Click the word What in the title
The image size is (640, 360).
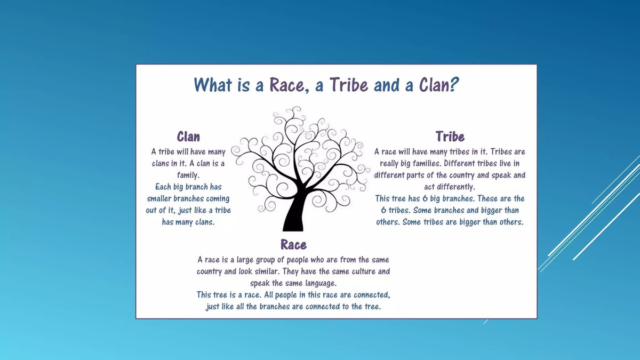tap(213, 85)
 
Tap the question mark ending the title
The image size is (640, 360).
tap(454, 85)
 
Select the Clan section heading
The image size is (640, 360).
tap(188, 137)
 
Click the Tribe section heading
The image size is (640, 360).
tap(450, 137)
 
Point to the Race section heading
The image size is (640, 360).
tap(293, 245)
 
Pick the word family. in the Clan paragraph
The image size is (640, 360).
tap(188, 175)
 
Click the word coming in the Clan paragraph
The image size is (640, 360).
tap(218, 198)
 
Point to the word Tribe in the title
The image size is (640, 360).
tap(349, 85)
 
